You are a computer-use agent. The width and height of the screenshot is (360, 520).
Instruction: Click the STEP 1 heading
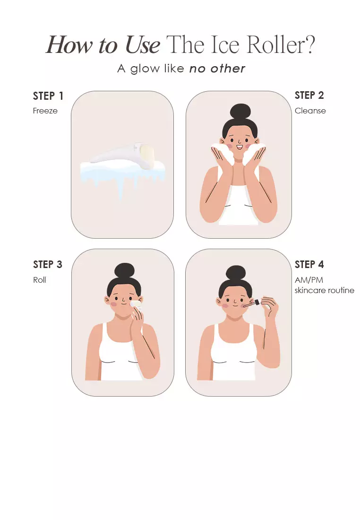point(48,96)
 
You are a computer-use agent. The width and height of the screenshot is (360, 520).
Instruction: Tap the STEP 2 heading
point(309,95)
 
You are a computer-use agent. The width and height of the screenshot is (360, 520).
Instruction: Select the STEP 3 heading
point(48,264)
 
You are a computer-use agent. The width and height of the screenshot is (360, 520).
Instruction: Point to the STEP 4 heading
point(309,264)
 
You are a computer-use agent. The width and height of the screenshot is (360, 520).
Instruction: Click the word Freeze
point(45,111)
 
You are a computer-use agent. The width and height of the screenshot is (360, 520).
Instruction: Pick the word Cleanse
point(310,111)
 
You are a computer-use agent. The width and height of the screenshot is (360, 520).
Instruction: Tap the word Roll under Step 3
point(40,280)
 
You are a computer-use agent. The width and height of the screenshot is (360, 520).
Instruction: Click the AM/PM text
point(309,280)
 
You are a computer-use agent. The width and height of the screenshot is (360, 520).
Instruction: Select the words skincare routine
point(325,290)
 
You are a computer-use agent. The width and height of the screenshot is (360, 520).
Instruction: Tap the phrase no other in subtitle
point(217,69)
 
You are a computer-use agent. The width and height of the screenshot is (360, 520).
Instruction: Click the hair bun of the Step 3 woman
point(124,271)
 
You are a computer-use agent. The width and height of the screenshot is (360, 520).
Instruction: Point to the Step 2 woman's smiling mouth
point(240,146)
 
